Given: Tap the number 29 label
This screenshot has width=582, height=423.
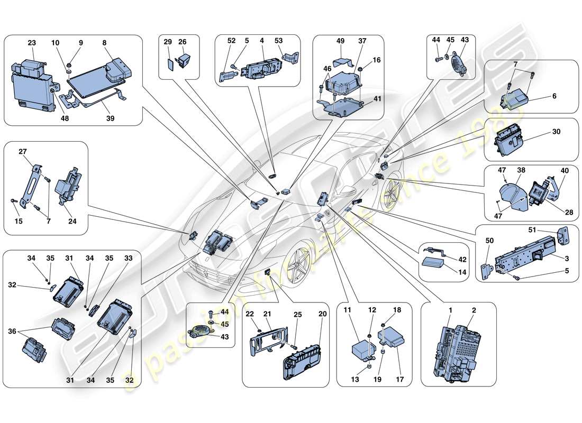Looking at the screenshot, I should [x=168, y=41].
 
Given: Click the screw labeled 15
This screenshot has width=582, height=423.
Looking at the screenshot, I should [x=13, y=201].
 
